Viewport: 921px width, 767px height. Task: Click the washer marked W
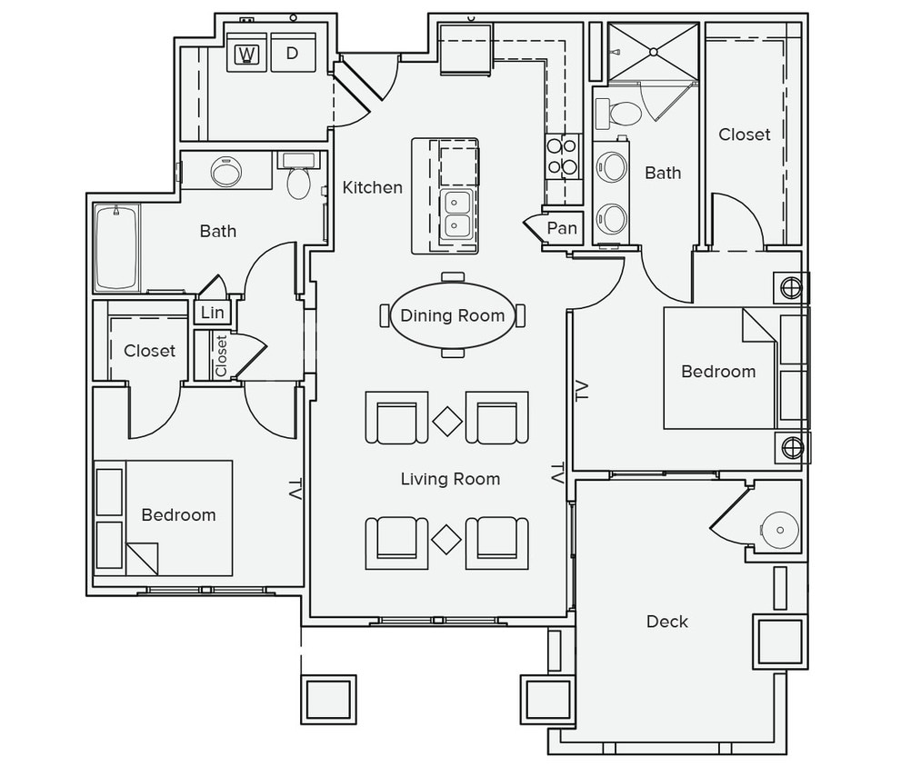[245, 54]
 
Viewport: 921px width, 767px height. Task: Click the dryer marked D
[292, 54]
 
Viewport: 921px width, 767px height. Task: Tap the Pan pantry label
[562, 229]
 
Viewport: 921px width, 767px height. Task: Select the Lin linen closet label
[212, 313]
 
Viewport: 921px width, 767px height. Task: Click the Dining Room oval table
[453, 315]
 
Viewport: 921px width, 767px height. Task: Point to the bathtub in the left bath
[116, 247]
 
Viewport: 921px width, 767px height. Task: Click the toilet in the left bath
[298, 180]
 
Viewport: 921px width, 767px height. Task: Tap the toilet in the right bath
[625, 114]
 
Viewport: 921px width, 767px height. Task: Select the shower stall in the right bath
[653, 52]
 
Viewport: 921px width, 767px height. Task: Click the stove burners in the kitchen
[563, 156]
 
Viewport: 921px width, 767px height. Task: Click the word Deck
[666, 622]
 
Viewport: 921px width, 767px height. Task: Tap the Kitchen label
[372, 187]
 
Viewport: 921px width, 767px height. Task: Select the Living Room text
[450, 479]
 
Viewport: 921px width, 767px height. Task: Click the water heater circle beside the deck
[778, 529]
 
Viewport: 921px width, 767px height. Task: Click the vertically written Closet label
[221, 355]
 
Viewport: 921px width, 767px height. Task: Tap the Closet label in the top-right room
[744, 134]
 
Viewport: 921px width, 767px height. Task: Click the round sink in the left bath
[225, 172]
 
